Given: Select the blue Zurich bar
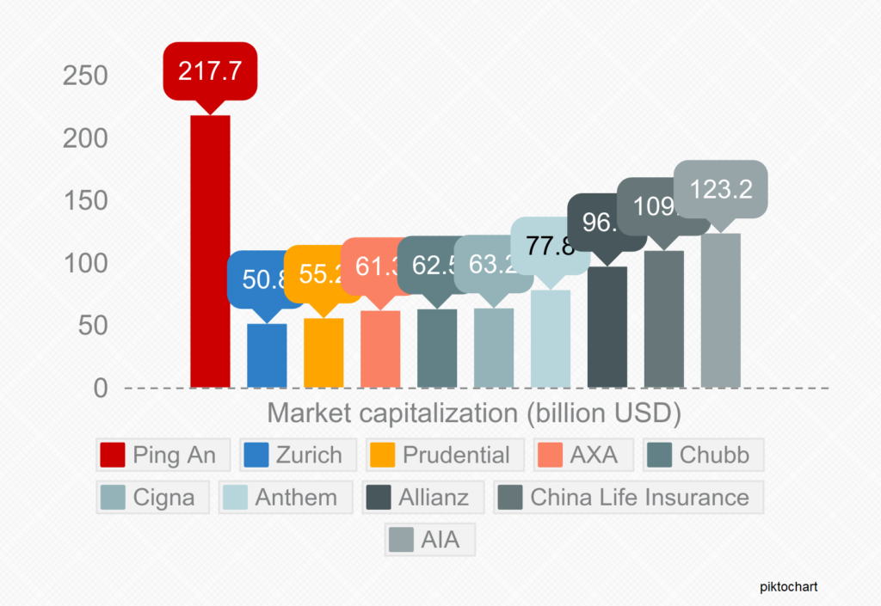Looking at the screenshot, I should pyautogui.click(x=267, y=355).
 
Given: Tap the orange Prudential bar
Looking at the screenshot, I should pyautogui.click(x=323, y=352).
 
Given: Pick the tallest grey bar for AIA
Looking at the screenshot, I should pyautogui.click(x=720, y=310).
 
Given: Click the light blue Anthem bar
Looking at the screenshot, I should pyautogui.click(x=551, y=339).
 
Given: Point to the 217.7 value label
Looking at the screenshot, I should pyautogui.click(x=210, y=70).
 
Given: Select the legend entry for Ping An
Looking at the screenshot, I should pyautogui.click(x=163, y=455).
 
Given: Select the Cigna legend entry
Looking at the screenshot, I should pyautogui.click(x=151, y=497).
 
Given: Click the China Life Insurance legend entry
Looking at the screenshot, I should pyautogui.click(x=628, y=497).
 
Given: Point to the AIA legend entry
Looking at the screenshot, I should pyautogui.click(x=430, y=541).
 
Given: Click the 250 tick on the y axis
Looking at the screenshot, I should pyautogui.click(x=85, y=77).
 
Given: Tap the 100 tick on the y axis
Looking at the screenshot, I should pyautogui.click(x=85, y=264).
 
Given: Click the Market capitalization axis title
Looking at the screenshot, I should pyautogui.click(x=474, y=413).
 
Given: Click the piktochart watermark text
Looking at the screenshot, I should pyautogui.click(x=788, y=587).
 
